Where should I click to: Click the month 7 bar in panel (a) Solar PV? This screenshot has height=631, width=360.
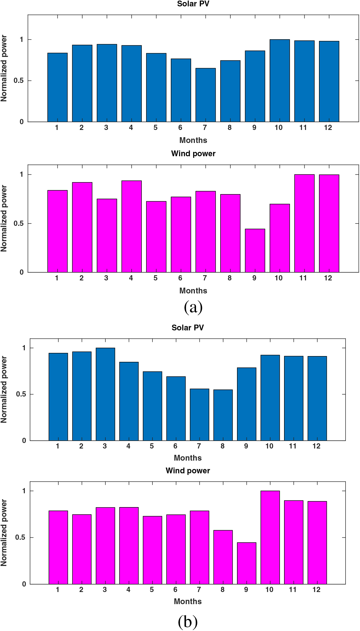coord(206,95)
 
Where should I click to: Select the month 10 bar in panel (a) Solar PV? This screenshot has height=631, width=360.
coord(279,81)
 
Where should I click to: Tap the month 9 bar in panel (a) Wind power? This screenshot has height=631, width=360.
coord(255,250)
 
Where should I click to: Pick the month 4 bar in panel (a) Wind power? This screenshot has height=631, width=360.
coord(131,226)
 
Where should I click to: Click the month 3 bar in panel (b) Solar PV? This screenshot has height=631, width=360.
coord(105,394)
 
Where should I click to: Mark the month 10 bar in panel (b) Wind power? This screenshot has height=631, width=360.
coord(270,537)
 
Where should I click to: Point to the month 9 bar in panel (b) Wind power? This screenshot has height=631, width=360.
coord(247,563)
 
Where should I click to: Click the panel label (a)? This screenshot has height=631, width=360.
coord(193,307)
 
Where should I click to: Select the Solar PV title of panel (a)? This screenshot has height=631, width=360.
coord(193,4)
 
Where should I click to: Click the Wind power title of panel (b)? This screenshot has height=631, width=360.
coord(188,471)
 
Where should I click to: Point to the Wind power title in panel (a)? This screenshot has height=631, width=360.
coord(193,154)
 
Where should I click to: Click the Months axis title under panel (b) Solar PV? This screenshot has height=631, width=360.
coord(188,458)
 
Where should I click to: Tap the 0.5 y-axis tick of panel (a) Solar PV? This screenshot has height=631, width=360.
coord(18,81)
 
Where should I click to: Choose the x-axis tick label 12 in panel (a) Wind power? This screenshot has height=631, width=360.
coord(328,278)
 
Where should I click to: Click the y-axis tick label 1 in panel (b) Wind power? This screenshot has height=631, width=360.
coord(24,491)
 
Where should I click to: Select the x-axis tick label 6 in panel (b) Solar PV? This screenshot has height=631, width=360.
coord(175,446)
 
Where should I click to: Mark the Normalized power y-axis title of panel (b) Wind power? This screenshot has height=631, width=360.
coord(4,533)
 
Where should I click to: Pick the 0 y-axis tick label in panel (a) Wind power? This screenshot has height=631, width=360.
coord(22,272)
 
